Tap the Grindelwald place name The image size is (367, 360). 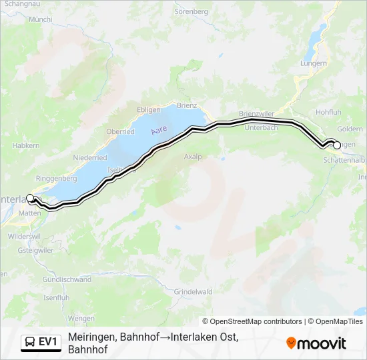click(x=193, y=292)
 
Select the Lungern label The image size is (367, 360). click(x=313, y=63)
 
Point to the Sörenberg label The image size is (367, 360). click(x=192, y=11)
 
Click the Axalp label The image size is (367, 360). click(x=192, y=157)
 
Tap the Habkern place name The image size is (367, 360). click(x=26, y=145)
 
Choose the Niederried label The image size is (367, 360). click(x=91, y=157)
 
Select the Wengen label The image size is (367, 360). click(x=81, y=319)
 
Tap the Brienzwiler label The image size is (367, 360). click(x=256, y=113)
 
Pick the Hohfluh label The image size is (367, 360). click(x=329, y=113)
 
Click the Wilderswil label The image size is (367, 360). click(x=25, y=236)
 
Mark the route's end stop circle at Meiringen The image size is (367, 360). click(x=336, y=145)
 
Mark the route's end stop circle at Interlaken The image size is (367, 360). click(x=30, y=197)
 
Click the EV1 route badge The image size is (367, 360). click(x=42, y=342)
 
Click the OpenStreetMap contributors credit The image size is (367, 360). click(x=252, y=321)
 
